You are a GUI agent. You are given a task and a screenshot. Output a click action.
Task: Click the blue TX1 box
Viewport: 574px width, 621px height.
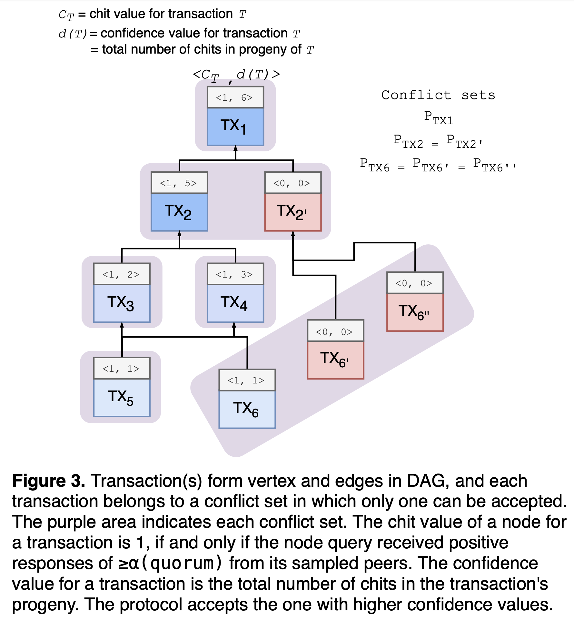click(x=235, y=127)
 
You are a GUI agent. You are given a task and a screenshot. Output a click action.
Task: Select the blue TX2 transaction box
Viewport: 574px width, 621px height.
click(x=179, y=212)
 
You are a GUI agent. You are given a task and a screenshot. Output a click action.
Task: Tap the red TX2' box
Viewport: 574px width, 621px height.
click(x=293, y=212)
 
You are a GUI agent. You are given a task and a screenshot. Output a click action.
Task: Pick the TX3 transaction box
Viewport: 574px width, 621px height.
click(x=122, y=303)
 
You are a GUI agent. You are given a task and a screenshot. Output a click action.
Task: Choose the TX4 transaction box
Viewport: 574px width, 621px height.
click(x=235, y=303)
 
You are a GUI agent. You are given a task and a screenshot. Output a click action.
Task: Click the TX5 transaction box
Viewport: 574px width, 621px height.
click(x=122, y=398)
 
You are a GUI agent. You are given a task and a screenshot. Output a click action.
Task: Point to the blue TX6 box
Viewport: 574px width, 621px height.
click(x=247, y=409)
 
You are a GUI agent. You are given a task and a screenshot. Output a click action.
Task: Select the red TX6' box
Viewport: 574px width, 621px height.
click(x=335, y=360)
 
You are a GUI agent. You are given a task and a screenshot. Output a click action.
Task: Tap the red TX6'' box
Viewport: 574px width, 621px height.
click(x=415, y=312)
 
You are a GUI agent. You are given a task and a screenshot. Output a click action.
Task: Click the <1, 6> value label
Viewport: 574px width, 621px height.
click(x=235, y=97)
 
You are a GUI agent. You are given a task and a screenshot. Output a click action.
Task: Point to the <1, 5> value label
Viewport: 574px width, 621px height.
click(x=179, y=183)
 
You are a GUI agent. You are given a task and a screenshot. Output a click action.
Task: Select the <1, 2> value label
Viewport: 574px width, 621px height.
click(x=122, y=274)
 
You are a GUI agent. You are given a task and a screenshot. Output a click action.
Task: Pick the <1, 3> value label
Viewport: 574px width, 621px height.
click(x=235, y=274)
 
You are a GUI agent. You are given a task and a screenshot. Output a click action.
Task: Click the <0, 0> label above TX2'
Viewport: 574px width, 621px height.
click(x=293, y=183)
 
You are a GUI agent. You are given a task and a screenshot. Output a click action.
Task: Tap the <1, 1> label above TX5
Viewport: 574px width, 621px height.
click(x=122, y=368)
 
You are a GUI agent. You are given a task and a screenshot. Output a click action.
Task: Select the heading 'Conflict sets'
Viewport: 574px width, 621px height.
click(x=438, y=95)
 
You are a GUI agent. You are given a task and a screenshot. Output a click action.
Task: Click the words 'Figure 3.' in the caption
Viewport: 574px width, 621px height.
click(x=49, y=481)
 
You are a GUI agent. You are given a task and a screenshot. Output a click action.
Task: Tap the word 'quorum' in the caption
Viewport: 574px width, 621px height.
click(x=182, y=563)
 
